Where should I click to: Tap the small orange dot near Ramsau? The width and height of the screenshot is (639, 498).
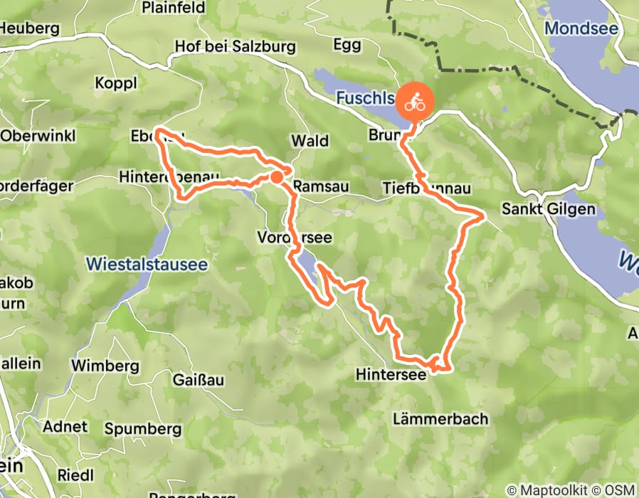tap(276, 176)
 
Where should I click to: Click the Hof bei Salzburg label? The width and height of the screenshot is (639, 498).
tap(235, 48)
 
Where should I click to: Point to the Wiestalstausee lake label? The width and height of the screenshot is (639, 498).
tap(147, 264)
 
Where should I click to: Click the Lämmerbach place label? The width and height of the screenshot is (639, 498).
tap(441, 418)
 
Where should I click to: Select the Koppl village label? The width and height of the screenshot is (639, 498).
tap(115, 83)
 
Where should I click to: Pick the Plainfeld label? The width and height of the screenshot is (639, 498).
tap(174, 8)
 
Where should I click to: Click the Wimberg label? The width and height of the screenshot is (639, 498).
tap(105, 366)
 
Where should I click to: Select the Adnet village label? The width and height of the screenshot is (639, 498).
tap(65, 427)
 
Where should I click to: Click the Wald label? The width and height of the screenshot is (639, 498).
tap(310, 141)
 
